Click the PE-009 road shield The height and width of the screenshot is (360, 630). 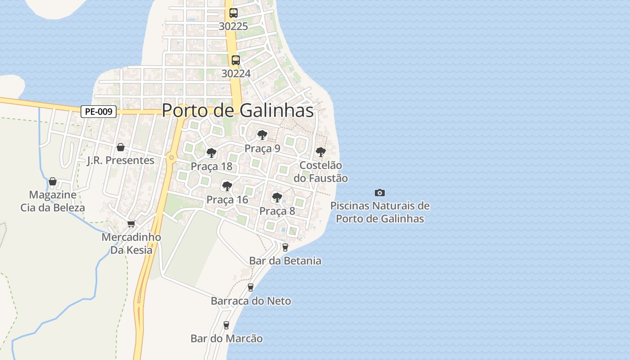pyautogui.click(x=99, y=112)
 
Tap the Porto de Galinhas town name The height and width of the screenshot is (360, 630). pyautogui.click(x=238, y=110)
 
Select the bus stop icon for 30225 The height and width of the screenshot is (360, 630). pyautogui.click(x=233, y=13)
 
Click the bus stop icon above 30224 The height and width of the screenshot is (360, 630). pyautogui.click(x=235, y=60)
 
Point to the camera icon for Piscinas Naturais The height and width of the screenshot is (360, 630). pyautogui.click(x=380, y=193)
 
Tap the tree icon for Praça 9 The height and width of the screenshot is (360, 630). pyautogui.click(x=262, y=135)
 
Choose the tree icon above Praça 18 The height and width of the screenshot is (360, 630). pyautogui.click(x=211, y=153)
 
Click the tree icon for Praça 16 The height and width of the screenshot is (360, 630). pyautogui.click(x=227, y=186)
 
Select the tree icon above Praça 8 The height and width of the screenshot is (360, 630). pyautogui.click(x=277, y=197)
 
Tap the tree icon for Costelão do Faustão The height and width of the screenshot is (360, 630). pyautogui.click(x=320, y=152)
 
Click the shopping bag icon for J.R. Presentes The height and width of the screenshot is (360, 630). pyautogui.click(x=120, y=147)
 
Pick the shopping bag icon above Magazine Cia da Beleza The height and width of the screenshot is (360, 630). pyautogui.click(x=53, y=181)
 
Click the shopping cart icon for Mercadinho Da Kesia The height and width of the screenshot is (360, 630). pyautogui.click(x=131, y=224)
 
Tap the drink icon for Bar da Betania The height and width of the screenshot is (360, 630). pyautogui.click(x=285, y=247)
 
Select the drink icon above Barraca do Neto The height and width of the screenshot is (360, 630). pyautogui.click(x=251, y=287)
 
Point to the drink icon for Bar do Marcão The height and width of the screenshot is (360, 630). pyautogui.click(x=226, y=325)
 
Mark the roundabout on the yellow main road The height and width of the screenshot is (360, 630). pyautogui.click(x=171, y=157)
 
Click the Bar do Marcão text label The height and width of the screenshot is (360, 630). pyautogui.click(x=226, y=338)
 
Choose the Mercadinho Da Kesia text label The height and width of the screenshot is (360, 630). pyautogui.click(x=131, y=243)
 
